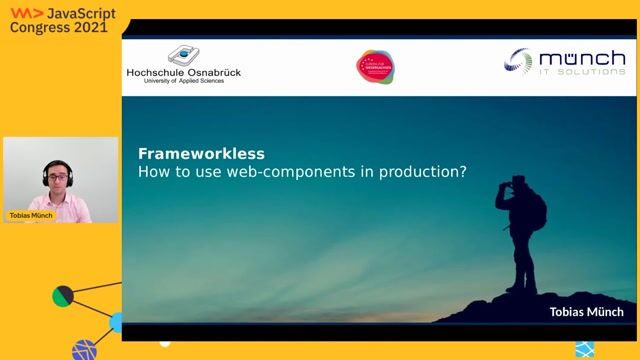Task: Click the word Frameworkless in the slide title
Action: pyautogui.click(x=201, y=154)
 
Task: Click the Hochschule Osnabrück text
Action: pyautogui.click(x=183, y=72)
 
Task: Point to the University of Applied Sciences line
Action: pyautogui.click(x=183, y=82)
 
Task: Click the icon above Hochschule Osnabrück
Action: pyautogui.click(x=183, y=55)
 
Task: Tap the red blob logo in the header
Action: pyautogui.click(x=375, y=67)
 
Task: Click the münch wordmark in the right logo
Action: pyautogui.click(x=580, y=60)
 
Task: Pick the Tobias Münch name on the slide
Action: pyautogui.click(x=586, y=312)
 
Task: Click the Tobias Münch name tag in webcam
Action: pyautogui.click(x=31, y=215)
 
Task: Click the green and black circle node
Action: pyautogui.click(x=63, y=296)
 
